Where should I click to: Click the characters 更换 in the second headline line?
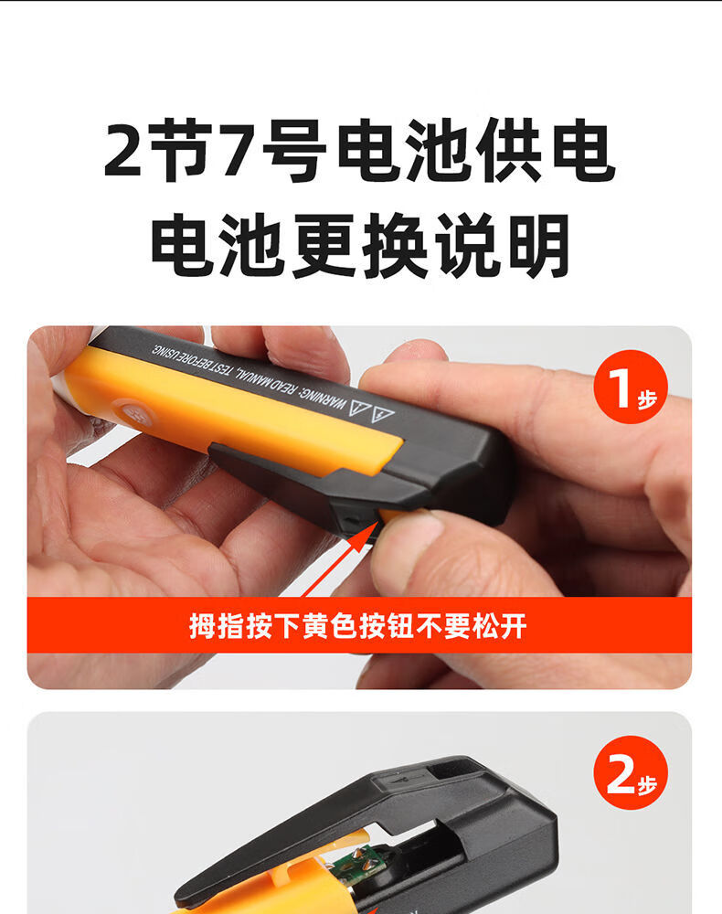tap(360, 245)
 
